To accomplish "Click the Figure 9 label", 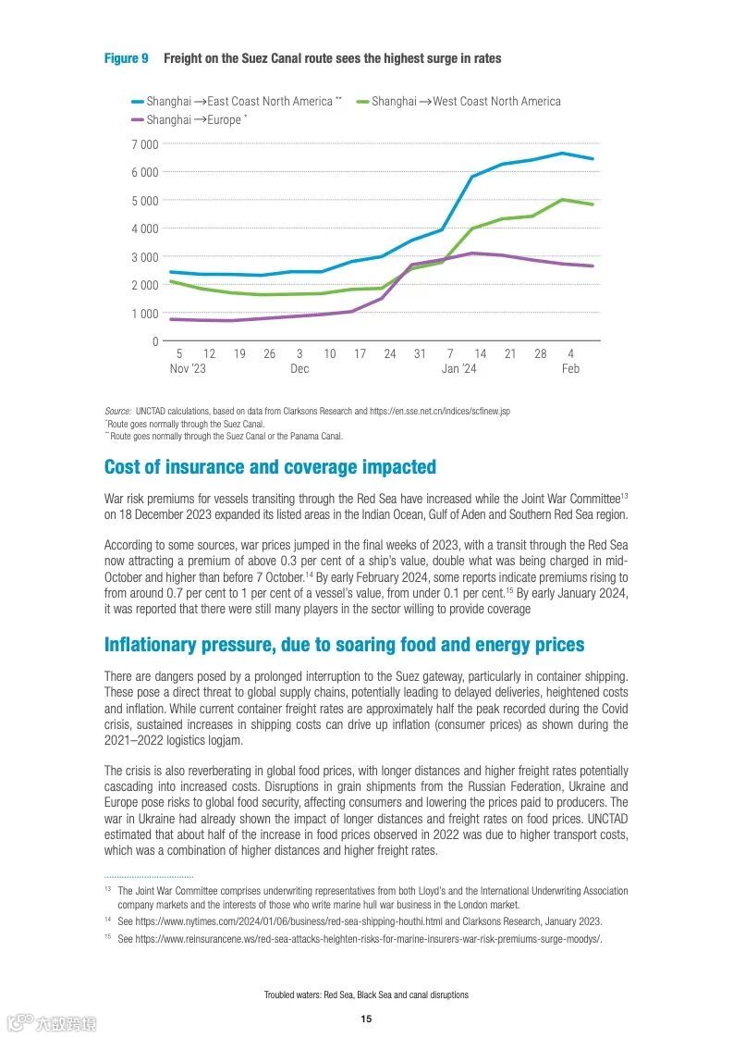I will click(126, 58).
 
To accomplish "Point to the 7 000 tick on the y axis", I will click(144, 144).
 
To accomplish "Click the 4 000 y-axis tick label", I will click(144, 229).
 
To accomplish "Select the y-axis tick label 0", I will click(155, 341).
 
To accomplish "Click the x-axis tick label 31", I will click(420, 353).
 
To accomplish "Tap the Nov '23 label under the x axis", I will click(188, 368).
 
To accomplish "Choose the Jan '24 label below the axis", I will click(459, 368).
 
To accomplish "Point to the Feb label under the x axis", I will click(570, 368).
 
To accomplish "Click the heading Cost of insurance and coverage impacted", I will click(270, 467).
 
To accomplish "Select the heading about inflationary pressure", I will click(344, 644).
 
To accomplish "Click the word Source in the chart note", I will click(117, 411).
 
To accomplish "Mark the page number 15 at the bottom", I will click(366, 1019).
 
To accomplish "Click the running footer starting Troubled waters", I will click(366, 995).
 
